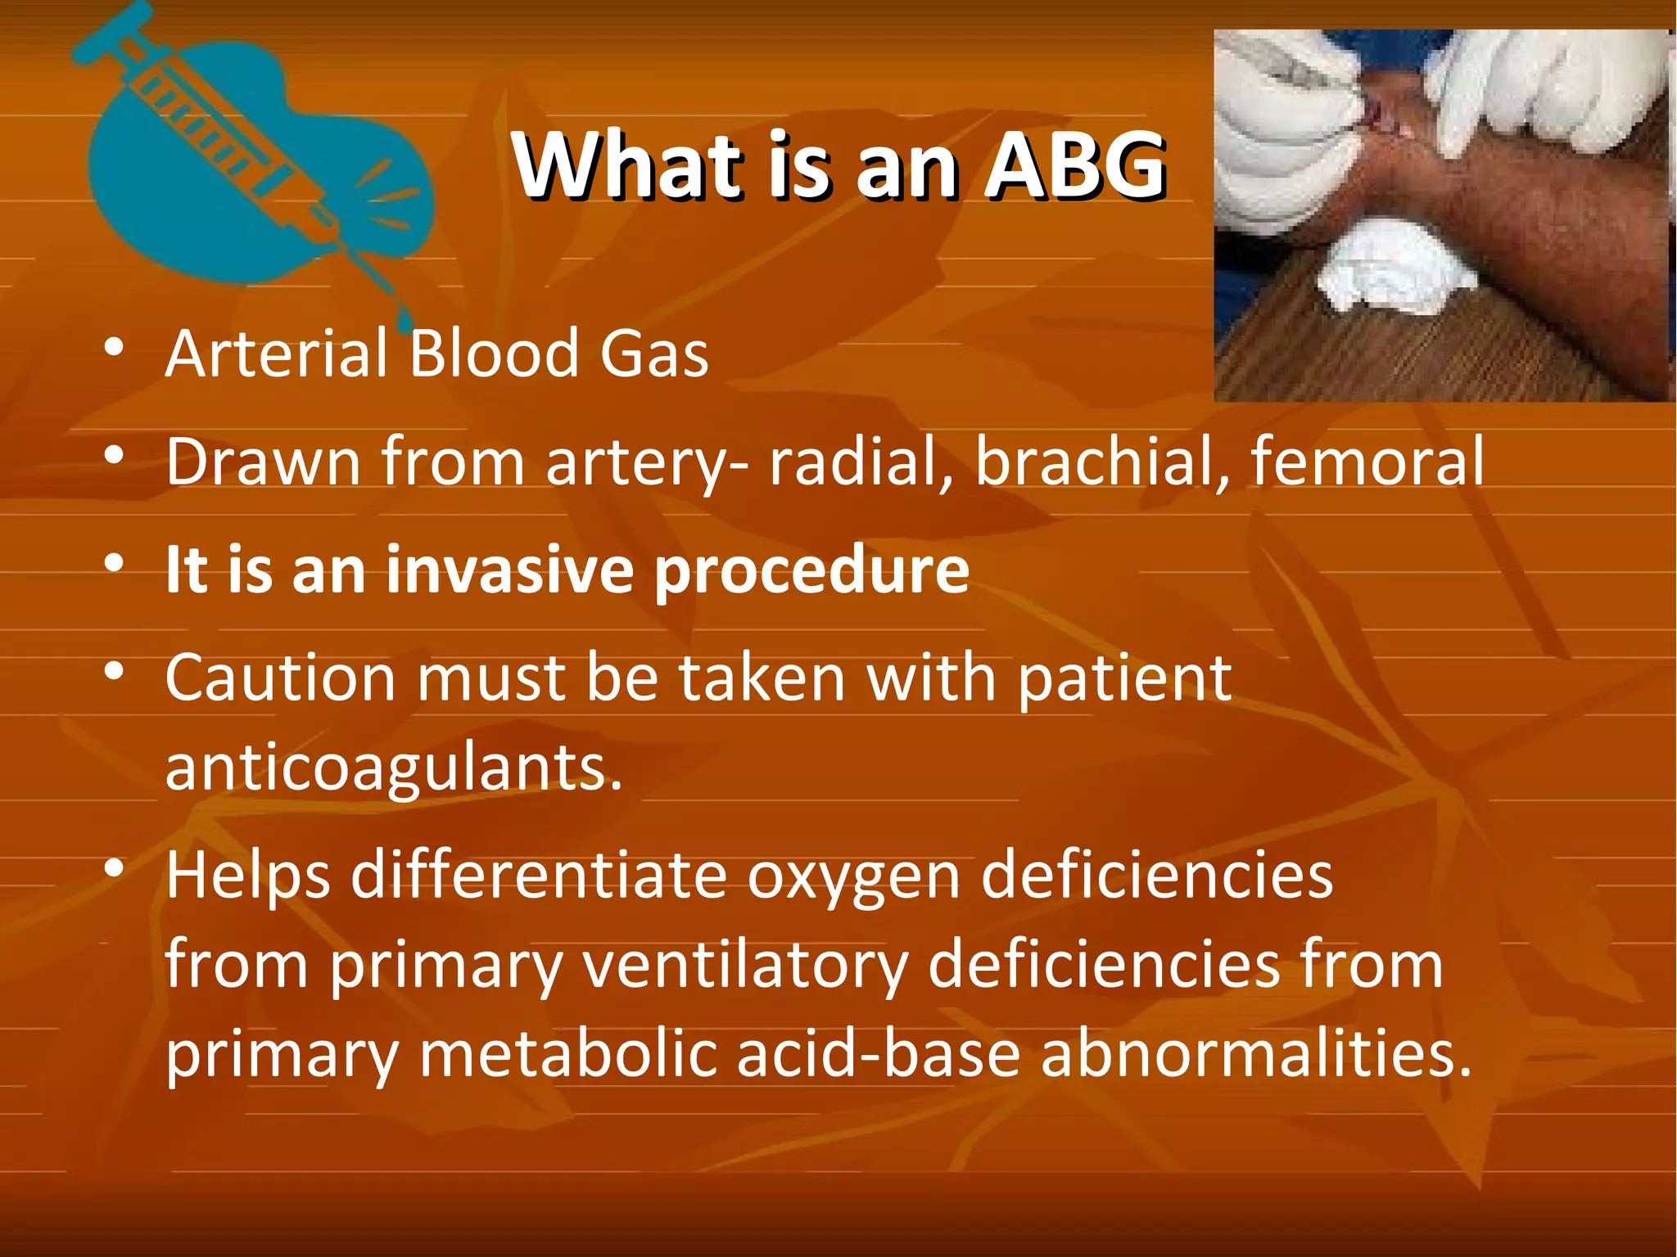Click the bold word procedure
(x=811, y=570)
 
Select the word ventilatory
(x=745, y=966)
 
